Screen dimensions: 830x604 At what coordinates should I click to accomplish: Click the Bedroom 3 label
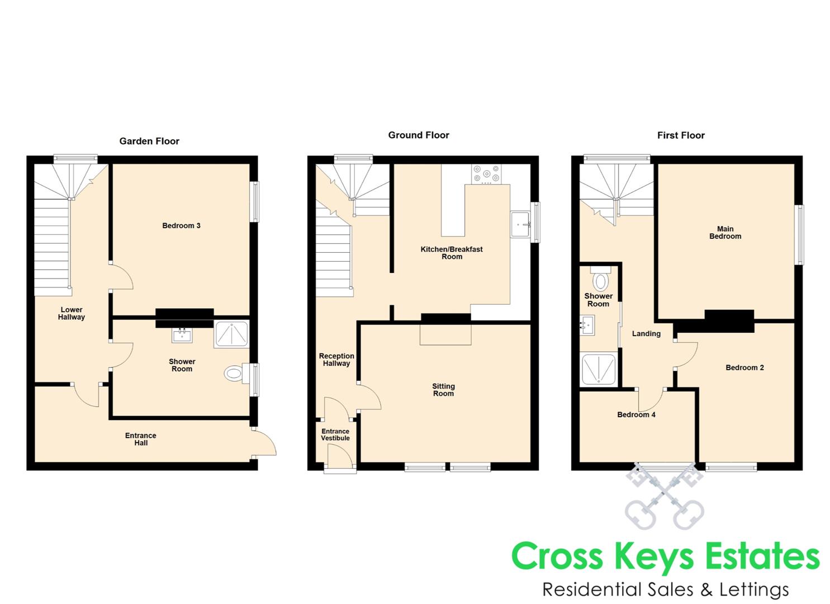tap(181, 225)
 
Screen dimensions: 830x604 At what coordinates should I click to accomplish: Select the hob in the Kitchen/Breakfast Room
tap(486, 174)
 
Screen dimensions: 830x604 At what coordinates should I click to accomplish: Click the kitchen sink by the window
tap(520, 224)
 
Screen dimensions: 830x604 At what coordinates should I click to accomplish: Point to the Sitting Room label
tap(443, 390)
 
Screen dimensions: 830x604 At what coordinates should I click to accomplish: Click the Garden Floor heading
tap(149, 141)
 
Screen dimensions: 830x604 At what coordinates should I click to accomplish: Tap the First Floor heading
tap(681, 135)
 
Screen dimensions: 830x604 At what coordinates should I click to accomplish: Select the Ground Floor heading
tap(418, 135)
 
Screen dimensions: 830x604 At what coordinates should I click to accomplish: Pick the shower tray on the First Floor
tap(599, 369)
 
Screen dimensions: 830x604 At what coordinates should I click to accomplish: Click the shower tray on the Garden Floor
tap(231, 334)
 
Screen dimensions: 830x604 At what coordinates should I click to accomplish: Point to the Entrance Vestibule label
tap(335, 435)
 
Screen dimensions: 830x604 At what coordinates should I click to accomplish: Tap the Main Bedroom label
tap(725, 233)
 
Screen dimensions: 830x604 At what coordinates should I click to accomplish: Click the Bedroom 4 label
tap(636, 414)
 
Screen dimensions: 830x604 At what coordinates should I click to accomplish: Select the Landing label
tap(646, 334)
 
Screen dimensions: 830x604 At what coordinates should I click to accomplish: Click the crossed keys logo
tap(665, 496)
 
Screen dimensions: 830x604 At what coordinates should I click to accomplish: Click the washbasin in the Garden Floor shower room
tap(182, 336)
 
